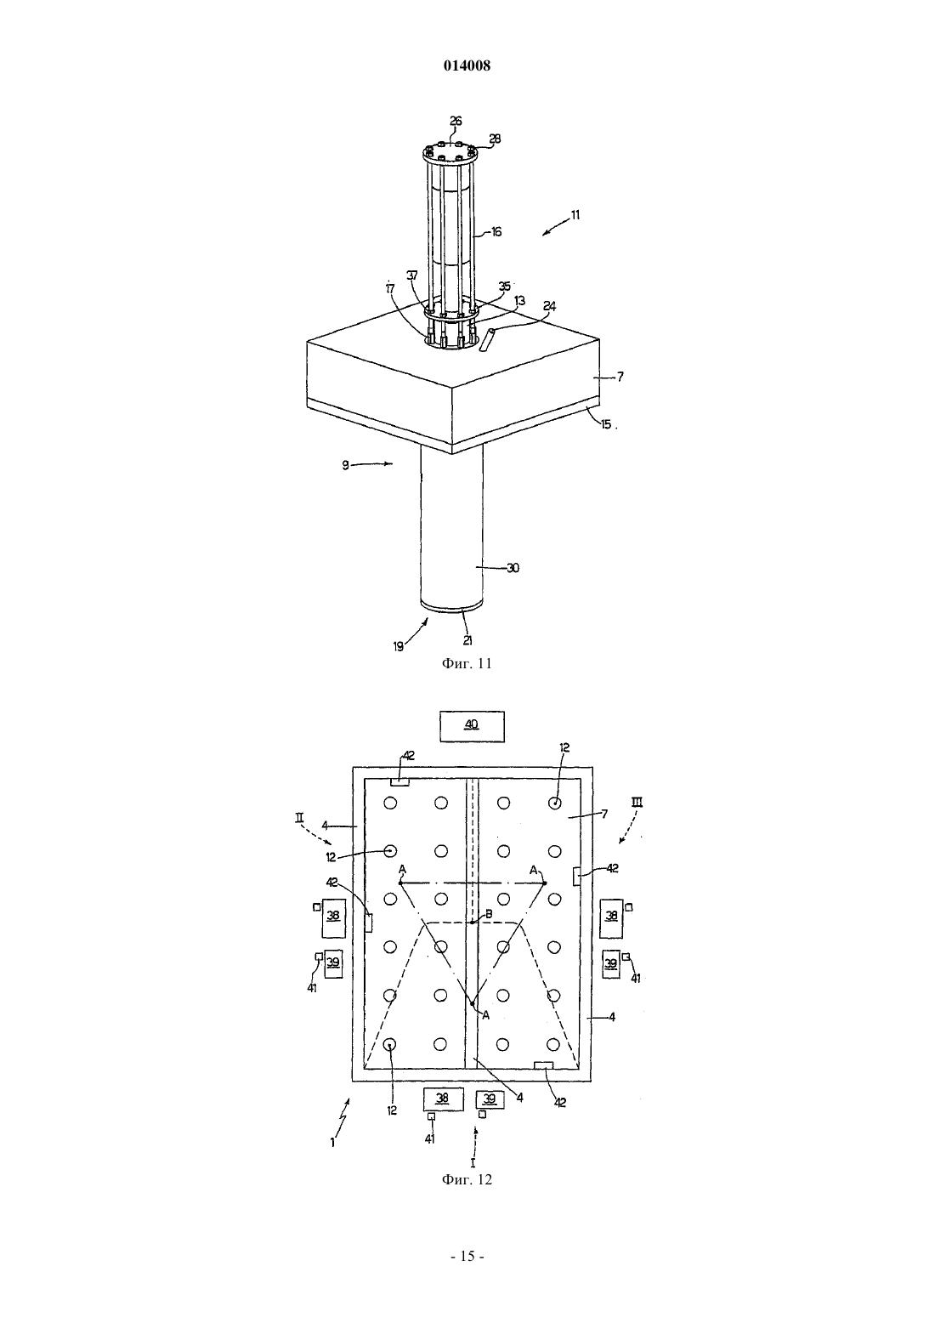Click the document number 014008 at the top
coord(467,65)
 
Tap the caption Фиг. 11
coord(467,663)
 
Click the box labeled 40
coord(473,726)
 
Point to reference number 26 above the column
coord(456,121)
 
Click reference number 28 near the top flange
coord(495,139)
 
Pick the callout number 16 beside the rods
coord(496,232)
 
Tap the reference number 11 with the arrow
coord(575,215)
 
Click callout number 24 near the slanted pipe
coord(550,307)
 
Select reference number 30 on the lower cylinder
coord(513,568)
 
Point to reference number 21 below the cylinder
coord(468,639)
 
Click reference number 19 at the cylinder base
coord(399,647)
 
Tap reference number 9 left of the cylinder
coord(345,465)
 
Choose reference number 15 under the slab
coord(606,424)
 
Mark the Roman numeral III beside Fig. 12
coord(637,802)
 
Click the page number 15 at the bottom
coord(467,1257)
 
